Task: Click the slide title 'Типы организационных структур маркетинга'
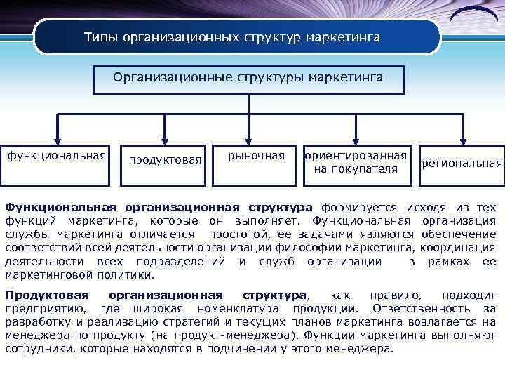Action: pyautogui.click(x=231, y=36)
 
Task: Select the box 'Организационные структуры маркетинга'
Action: pyautogui.click(x=249, y=78)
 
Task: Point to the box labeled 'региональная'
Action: pyautogui.click(x=462, y=164)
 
